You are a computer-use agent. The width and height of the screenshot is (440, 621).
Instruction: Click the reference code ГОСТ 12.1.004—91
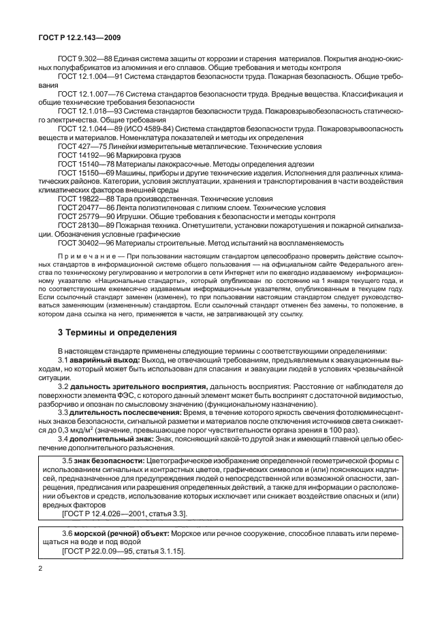(89, 78)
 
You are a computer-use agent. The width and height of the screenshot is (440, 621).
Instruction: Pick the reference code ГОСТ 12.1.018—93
(89, 110)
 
